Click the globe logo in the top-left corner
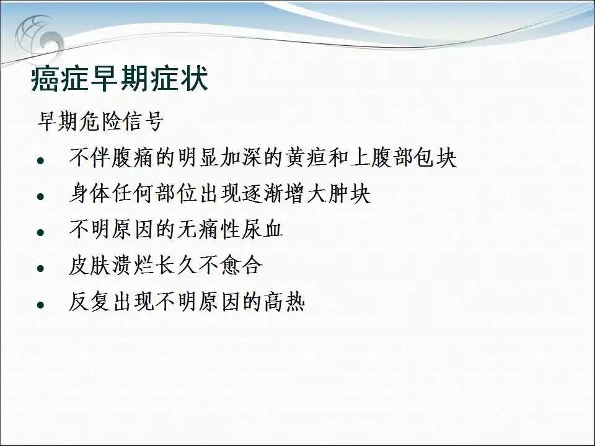click(x=38, y=36)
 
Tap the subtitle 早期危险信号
click(x=100, y=121)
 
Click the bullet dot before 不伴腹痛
click(x=41, y=160)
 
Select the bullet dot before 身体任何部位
click(x=41, y=196)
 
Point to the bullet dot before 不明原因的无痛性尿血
click(x=41, y=232)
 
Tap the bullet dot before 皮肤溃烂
click(x=41, y=268)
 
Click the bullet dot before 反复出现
click(x=41, y=305)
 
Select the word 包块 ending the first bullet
click(x=436, y=157)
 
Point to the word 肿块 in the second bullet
click(x=350, y=193)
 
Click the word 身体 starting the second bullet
click(x=90, y=193)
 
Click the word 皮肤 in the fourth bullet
click(x=90, y=265)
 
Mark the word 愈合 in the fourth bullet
click(x=241, y=265)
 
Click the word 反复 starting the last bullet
click(x=90, y=301)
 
